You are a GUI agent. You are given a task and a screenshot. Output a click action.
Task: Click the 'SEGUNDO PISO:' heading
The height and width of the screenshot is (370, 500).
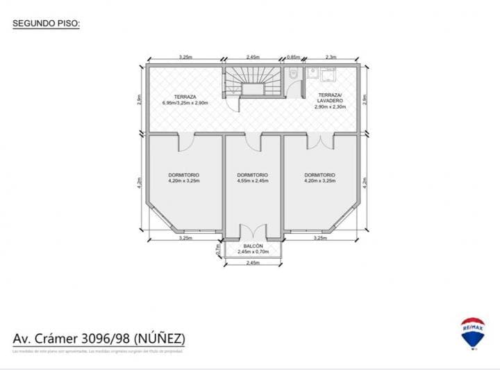(x=47, y=24)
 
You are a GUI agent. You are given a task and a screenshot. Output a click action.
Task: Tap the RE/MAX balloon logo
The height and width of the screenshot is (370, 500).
(x=473, y=332)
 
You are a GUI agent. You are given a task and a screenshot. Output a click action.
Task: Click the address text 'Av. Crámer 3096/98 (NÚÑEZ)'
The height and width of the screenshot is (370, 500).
(x=99, y=339)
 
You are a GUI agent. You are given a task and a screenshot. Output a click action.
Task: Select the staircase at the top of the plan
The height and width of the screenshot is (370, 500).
(x=251, y=83)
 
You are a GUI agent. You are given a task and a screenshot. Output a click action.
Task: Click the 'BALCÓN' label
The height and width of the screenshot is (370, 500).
(x=253, y=247)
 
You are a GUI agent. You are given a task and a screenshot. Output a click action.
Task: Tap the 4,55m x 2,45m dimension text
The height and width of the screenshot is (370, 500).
(x=252, y=180)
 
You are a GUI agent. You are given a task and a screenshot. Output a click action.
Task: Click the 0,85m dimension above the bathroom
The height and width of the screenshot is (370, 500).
(x=293, y=57)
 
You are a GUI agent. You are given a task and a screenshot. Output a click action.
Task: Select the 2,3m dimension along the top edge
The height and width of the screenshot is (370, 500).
(x=331, y=57)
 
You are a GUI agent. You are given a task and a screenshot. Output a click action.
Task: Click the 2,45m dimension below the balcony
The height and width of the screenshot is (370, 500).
(x=253, y=263)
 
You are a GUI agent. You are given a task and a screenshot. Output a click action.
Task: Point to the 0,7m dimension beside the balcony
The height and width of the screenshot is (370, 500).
(x=217, y=247)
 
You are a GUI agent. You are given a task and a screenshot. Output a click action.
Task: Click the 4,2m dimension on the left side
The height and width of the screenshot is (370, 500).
(x=140, y=182)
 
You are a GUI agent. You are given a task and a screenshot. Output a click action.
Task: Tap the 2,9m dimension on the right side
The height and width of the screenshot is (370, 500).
(x=365, y=99)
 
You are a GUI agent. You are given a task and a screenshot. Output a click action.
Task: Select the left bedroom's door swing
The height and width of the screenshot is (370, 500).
(x=187, y=142)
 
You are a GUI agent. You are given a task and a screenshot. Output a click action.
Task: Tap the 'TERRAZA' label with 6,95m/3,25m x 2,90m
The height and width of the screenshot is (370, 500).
(x=185, y=99)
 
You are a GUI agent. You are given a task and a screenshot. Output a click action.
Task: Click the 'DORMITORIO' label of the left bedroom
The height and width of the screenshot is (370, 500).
(x=184, y=175)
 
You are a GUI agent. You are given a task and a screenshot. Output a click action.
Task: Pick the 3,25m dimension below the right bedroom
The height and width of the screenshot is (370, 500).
(x=319, y=238)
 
